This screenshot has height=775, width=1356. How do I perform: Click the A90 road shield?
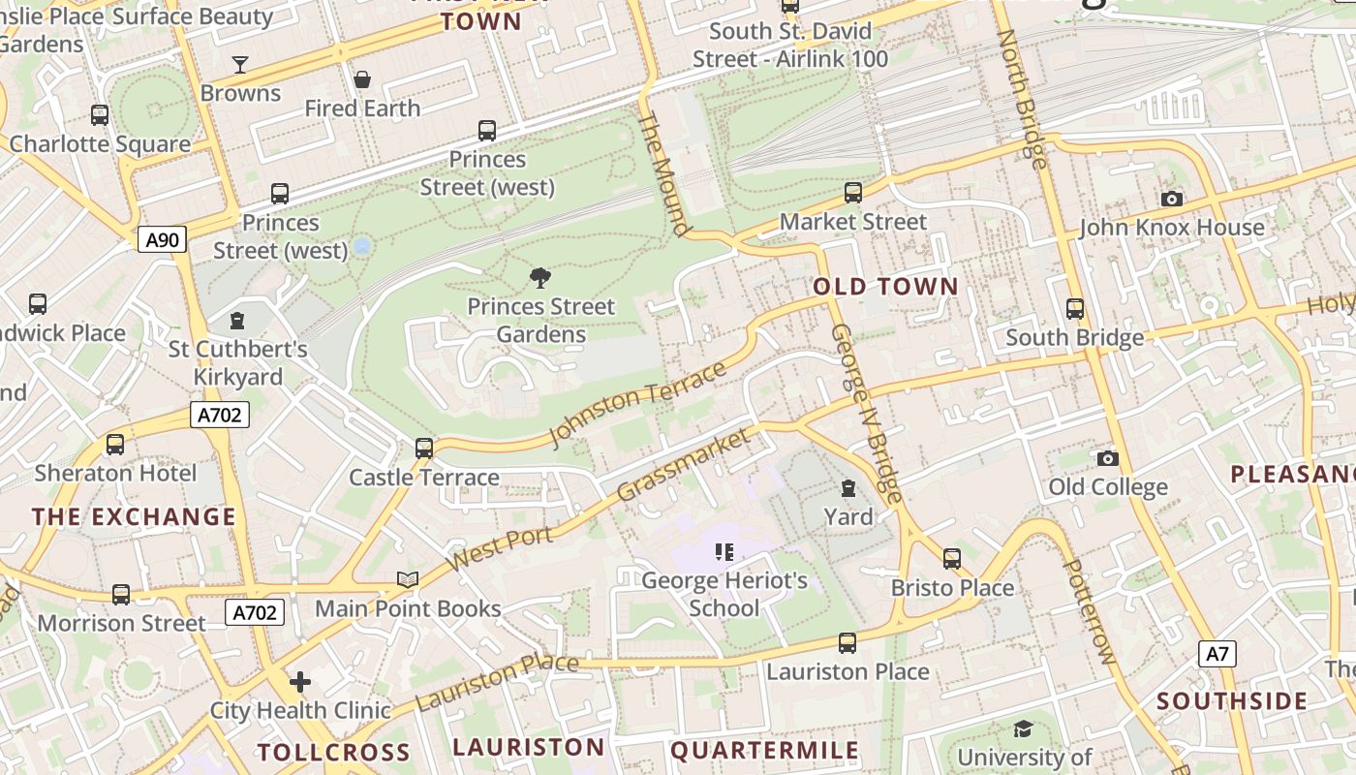point(162,239)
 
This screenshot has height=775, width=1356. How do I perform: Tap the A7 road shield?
point(1217,654)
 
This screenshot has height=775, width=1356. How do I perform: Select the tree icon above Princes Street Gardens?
point(540,279)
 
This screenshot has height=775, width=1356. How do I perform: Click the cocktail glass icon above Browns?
point(240,65)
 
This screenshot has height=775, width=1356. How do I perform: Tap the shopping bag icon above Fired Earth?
point(362,79)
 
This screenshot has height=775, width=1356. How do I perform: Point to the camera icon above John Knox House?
point(1172,199)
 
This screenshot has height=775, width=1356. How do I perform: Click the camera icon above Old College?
point(1108,458)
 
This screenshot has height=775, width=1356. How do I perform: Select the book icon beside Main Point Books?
point(408,580)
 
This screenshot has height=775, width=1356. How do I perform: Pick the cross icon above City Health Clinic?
point(300,682)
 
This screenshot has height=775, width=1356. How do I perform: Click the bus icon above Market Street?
point(853,193)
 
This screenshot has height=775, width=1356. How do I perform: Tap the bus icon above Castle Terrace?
point(424,449)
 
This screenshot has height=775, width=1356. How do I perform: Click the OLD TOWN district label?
point(885,287)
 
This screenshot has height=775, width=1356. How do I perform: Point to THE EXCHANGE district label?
point(134,516)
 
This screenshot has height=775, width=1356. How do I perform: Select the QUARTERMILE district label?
point(764,750)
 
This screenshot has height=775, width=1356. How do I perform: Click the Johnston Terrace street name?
point(636,404)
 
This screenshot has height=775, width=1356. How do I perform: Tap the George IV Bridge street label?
point(866,412)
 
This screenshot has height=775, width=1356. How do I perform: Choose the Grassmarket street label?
point(683,466)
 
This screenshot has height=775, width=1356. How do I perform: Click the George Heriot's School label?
point(724,594)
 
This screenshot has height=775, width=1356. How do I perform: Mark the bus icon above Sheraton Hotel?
point(115,445)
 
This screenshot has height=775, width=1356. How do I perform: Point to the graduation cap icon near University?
point(1023,729)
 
